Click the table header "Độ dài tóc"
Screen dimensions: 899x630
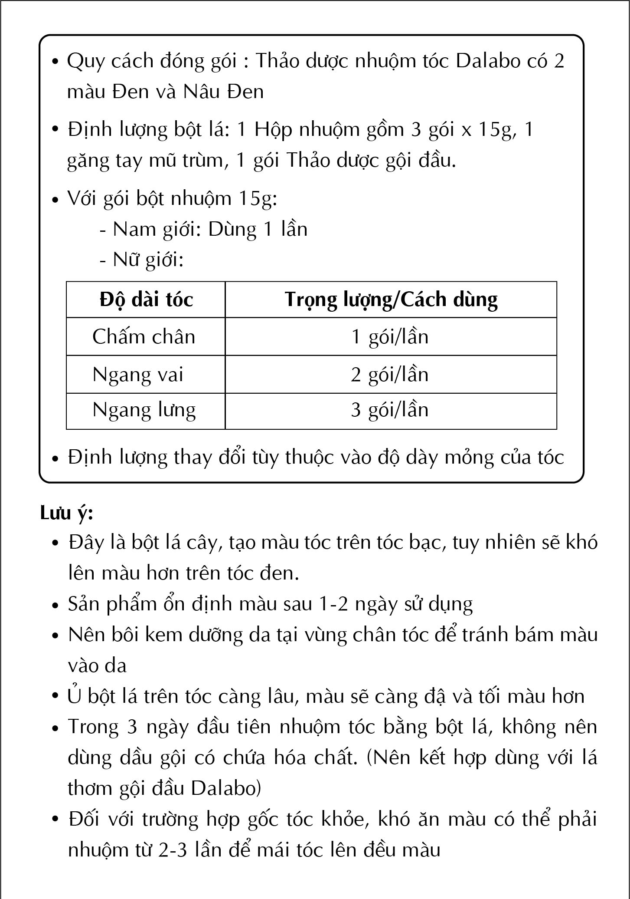point(146,300)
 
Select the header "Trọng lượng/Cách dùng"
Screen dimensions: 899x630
point(391,300)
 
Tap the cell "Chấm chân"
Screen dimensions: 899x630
point(144,337)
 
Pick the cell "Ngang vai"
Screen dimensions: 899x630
point(138,375)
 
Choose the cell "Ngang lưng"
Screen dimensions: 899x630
point(144,410)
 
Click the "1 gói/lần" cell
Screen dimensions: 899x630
point(389,337)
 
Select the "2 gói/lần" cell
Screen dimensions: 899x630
point(389,375)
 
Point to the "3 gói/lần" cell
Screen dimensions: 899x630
point(389,410)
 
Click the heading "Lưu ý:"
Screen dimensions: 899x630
point(67,513)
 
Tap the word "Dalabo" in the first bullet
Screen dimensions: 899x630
point(488,61)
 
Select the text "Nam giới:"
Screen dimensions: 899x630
point(157,230)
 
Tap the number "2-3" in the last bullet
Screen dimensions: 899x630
point(173,850)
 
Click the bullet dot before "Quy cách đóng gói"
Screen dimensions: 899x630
point(55,62)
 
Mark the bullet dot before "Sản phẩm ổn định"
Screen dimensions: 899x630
point(55,605)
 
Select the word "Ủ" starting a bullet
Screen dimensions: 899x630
point(75,696)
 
